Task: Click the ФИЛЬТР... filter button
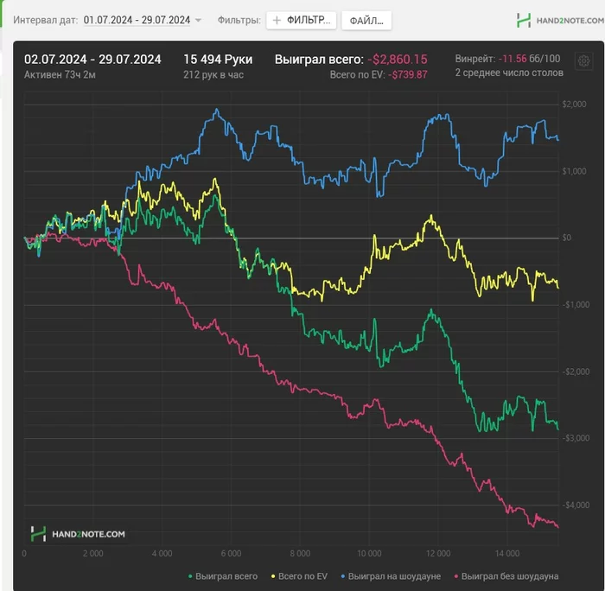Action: pos(301,21)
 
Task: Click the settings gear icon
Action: pos(583,61)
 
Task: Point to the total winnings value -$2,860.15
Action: pos(397,60)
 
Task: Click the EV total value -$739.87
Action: pos(408,75)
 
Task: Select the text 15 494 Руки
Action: pos(218,59)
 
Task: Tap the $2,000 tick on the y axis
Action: pos(574,105)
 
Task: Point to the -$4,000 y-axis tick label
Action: pos(573,505)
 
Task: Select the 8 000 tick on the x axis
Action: pos(300,553)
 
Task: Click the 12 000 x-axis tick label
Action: pos(438,553)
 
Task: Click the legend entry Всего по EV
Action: pos(299,575)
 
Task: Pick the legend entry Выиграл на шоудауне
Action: pos(394,575)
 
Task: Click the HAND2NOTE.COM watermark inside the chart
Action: pos(78,534)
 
